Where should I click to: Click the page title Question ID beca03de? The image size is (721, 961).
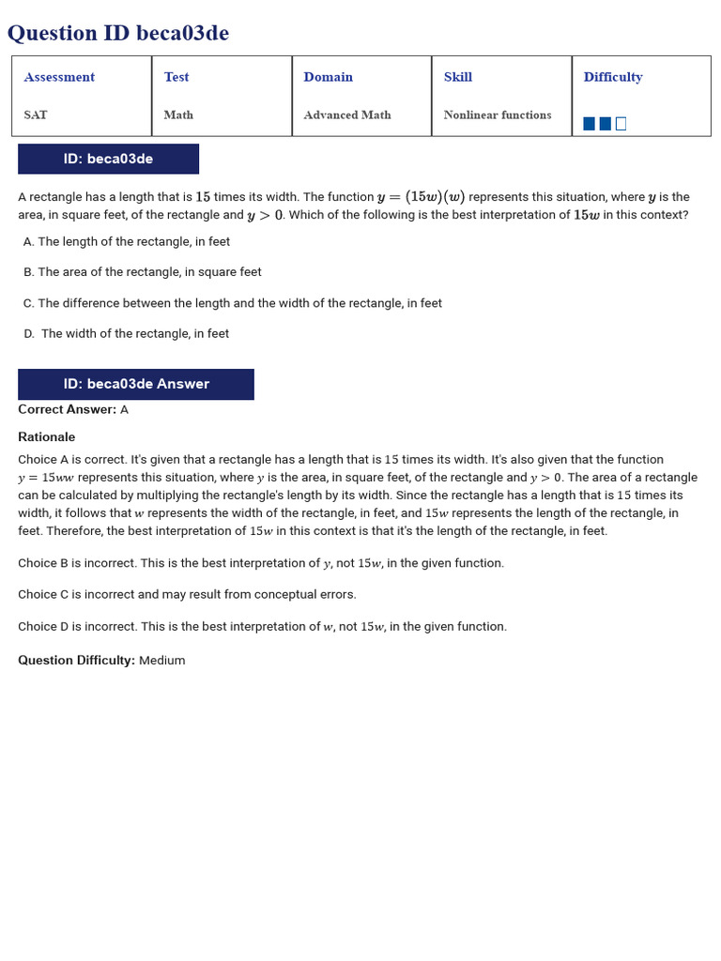pos(118,34)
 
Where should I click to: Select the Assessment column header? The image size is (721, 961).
pos(59,77)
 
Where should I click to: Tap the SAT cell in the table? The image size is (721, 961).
pos(36,114)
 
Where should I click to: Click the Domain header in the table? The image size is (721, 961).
pos(328,77)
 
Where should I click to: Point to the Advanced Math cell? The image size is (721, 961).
pos(347,114)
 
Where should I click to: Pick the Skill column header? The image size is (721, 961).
pos(458,77)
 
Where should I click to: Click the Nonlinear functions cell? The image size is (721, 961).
pos(498,114)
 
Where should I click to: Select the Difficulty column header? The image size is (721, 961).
pos(613,77)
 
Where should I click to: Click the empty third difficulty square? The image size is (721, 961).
pos(621,124)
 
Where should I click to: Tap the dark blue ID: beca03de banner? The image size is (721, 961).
pos(108,159)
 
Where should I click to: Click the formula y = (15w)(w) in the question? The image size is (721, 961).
pos(421,197)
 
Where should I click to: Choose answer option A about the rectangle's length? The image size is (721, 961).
pos(127,241)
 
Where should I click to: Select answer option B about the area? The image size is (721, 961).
pos(143,272)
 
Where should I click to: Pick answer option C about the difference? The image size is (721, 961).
pos(233,303)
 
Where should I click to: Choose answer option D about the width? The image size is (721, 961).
pos(127,333)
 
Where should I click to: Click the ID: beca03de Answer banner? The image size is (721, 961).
pos(136,384)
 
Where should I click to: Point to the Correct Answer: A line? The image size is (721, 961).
pos(73,409)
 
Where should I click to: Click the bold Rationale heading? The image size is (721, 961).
pos(47,437)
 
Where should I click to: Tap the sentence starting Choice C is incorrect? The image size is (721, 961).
pos(187,594)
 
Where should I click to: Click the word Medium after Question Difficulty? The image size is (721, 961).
pos(162,661)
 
